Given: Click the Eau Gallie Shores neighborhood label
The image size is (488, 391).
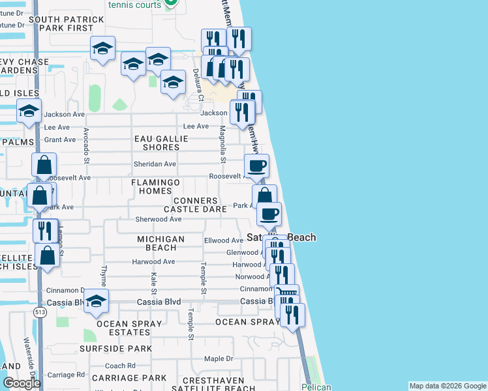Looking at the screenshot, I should tap(161, 143).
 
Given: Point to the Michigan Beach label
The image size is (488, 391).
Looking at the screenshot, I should tap(160, 244).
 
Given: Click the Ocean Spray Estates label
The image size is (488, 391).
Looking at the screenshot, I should tap(128, 328).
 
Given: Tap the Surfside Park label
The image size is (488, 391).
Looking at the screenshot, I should tap(125, 349).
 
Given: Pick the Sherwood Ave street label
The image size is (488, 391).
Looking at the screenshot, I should tap(158, 220).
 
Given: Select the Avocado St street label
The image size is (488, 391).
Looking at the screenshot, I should tap(85, 145).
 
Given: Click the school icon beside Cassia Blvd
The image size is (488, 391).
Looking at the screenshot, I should tap(96, 301).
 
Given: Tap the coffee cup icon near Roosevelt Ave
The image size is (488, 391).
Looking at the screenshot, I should tap(256, 166).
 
